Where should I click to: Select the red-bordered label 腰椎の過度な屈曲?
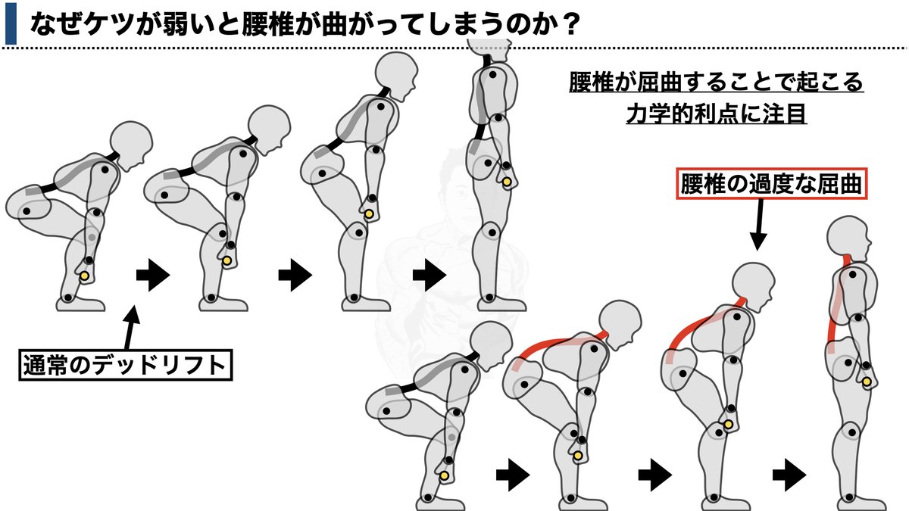pos(771,185)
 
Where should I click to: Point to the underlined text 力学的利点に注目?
pos(715,115)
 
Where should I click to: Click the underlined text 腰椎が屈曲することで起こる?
pos(715,82)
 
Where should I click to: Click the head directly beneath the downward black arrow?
pos(754,285)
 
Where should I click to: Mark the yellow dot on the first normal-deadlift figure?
pos(85,277)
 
